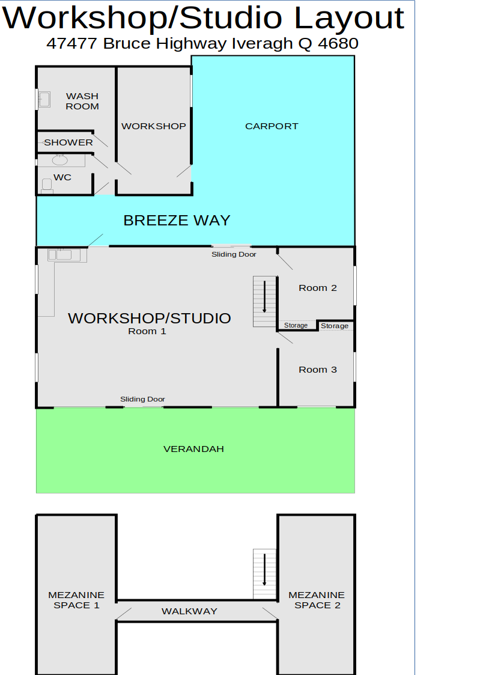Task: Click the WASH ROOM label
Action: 82,101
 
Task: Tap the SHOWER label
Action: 68,142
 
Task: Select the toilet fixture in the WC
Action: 47,186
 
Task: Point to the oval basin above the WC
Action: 60,160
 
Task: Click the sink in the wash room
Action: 44,99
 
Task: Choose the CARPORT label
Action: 272,126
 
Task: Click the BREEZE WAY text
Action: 177,221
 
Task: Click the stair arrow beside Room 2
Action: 264,296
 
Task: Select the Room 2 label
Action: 317,288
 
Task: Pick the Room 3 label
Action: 317,370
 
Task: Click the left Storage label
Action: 296,325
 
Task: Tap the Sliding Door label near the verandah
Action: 142,399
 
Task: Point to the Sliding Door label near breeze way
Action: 234,254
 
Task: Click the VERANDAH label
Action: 193,449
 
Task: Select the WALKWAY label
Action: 189,611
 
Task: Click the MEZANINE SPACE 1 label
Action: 76,600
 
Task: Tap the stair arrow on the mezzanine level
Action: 264,570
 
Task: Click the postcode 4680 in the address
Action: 338,43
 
